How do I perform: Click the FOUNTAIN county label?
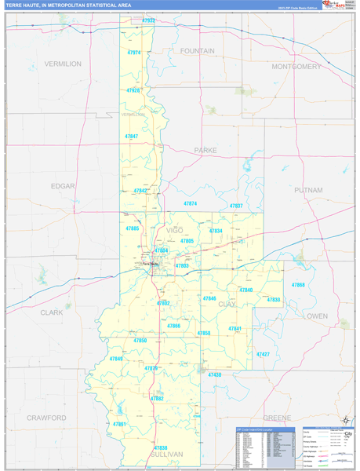197,50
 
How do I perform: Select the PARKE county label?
205,149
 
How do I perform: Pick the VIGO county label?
174,230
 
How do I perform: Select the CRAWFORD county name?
46,418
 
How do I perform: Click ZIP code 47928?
133,90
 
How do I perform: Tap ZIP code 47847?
131,137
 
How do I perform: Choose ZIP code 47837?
235,206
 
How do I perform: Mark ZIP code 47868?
298,285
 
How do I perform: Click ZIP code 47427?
262,354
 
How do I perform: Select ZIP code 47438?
214,375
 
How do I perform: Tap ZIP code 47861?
120,424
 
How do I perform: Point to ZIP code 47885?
132,228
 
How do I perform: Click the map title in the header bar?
69,5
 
